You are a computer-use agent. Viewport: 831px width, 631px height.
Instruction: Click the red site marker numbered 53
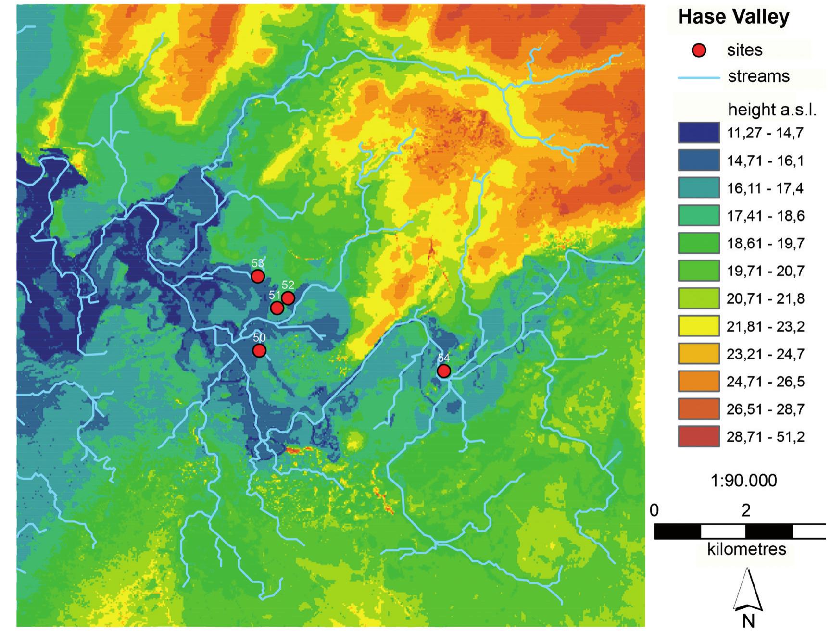(x=258, y=276)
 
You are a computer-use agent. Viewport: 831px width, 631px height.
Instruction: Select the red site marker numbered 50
(x=259, y=351)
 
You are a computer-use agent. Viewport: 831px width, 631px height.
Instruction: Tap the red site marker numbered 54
(x=443, y=371)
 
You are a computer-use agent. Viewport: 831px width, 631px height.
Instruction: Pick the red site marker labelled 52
(x=288, y=298)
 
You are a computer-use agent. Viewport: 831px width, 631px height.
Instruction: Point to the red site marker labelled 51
(x=277, y=308)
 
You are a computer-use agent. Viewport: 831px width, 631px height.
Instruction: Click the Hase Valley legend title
(x=733, y=17)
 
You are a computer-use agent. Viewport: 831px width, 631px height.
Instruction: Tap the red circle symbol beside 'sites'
(x=699, y=50)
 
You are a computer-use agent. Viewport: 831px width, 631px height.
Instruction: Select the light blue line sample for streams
(x=698, y=77)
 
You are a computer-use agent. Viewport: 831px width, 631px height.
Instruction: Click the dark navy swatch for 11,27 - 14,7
(x=698, y=133)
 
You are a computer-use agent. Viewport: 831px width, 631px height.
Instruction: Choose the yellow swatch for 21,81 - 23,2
(x=698, y=326)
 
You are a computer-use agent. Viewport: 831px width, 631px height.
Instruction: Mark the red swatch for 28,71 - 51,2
(x=698, y=437)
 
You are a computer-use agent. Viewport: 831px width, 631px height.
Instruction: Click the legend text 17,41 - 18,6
(x=765, y=216)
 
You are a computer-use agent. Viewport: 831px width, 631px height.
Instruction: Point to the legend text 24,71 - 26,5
(x=765, y=382)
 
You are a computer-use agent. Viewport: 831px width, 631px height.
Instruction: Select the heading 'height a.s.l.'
(x=772, y=110)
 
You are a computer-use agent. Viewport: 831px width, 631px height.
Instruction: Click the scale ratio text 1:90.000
(x=743, y=481)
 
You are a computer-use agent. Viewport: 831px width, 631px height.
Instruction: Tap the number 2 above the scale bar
(x=745, y=510)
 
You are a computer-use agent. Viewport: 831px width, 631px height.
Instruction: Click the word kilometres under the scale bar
(x=746, y=549)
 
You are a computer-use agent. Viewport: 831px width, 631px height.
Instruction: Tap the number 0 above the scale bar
(x=654, y=510)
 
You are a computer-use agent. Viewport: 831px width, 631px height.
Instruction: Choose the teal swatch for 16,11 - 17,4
(x=698, y=188)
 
